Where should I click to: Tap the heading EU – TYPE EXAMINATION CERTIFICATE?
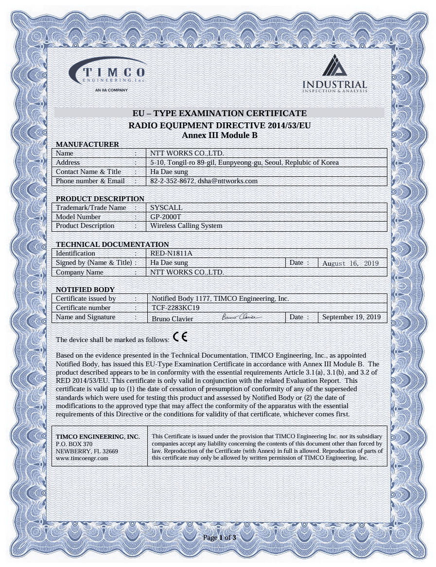(220, 113)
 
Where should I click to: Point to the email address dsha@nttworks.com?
(227, 181)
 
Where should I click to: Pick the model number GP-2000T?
(166, 217)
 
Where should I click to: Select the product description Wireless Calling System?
(186, 226)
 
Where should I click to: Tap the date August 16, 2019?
(350, 263)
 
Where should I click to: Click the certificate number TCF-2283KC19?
(175, 308)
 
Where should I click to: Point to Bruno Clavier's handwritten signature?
(241, 317)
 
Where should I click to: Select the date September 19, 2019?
(351, 317)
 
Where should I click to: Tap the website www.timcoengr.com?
(82, 458)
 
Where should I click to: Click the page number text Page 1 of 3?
(220, 538)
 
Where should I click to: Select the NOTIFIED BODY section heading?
(86, 290)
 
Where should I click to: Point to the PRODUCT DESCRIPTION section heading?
(100, 199)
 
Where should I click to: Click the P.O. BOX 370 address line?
(74, 444)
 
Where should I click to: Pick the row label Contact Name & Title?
(88, 172)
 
